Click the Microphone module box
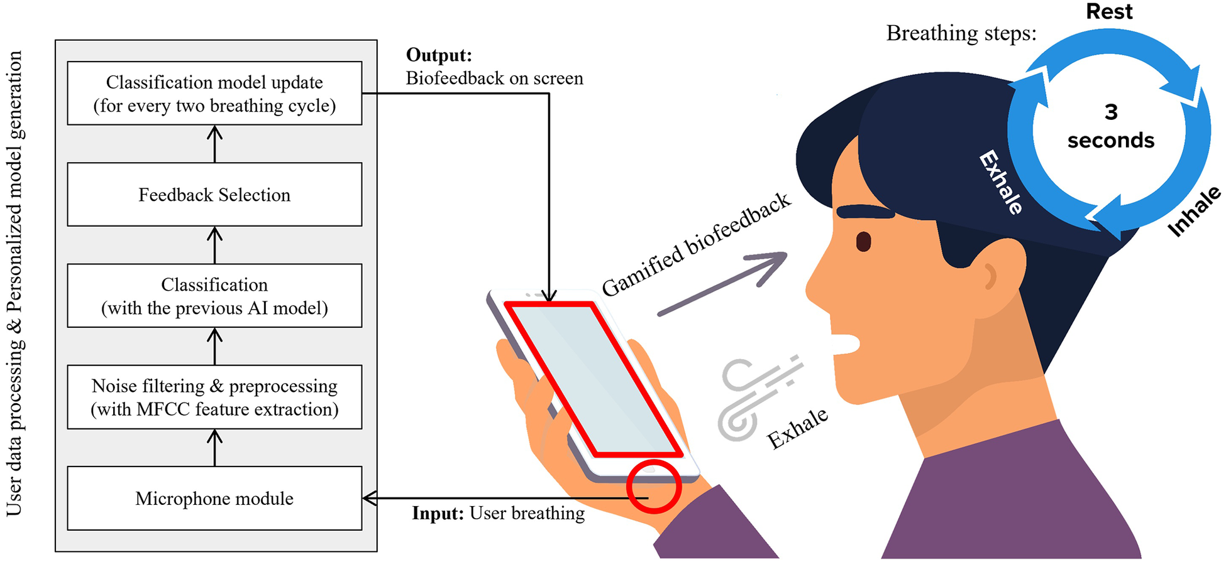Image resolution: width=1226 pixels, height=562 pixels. tap(214, 498)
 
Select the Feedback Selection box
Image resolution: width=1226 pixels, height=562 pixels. tap(214, 195)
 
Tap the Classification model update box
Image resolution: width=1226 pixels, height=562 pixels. tap(214, 94)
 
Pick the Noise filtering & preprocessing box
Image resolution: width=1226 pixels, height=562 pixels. tap(214, 397)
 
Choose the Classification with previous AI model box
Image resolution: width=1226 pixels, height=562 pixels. tap(214, 296)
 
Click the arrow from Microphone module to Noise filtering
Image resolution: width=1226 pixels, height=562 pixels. tap(215, 447)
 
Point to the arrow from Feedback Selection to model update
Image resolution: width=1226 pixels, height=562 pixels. tap(215, 144)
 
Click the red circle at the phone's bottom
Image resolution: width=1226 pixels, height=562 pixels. tap(654, 487)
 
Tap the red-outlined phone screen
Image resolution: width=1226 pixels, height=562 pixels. tap(594, 377)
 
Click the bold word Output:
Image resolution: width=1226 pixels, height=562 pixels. tap(439, 55)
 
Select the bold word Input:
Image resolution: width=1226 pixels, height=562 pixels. tap(438, 514)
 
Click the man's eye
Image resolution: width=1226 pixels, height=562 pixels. tap(863, 241)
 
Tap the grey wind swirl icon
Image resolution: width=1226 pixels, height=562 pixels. tap(754, 399)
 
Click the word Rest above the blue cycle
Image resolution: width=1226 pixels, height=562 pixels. tap(1109, 12)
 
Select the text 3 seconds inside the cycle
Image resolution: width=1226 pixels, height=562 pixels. tap(1111, 126)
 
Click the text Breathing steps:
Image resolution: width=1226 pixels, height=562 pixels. tap(961, 33)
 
